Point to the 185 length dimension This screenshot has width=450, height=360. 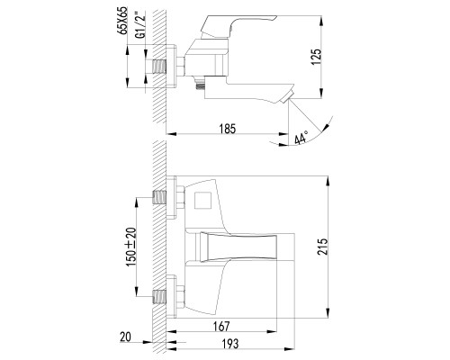(227, 129)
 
